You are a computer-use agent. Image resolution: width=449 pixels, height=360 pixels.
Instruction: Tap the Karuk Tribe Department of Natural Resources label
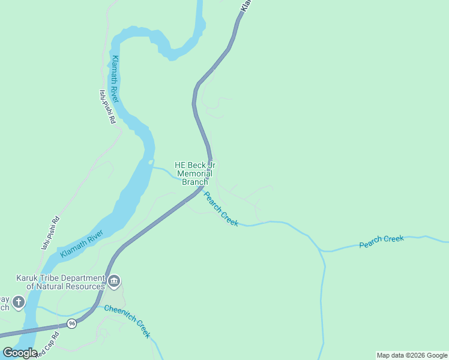[x=60, y=282]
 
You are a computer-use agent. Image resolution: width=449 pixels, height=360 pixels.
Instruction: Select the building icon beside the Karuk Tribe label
[x=114, y=281]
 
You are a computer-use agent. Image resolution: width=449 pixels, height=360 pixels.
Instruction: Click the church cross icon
[x=18, y=301]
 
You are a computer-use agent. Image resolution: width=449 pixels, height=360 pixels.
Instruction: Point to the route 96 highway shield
[x=72, y=323]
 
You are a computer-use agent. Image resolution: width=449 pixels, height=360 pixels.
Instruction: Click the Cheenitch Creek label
[x=127, y=322]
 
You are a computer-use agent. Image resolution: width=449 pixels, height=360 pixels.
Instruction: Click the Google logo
[x=20, y=353]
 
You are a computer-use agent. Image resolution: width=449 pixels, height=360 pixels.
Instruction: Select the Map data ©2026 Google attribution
[x=412, y=355]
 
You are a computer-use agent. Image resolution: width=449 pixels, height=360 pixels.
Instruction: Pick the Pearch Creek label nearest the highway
[x=221, y=209]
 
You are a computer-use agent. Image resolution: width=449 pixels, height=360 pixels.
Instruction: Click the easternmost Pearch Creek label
[x=382, y=241]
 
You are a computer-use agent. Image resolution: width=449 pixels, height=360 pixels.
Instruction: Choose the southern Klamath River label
[x=82, y=245]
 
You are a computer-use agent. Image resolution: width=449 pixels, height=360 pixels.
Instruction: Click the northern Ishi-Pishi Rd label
[x=107, y=106]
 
